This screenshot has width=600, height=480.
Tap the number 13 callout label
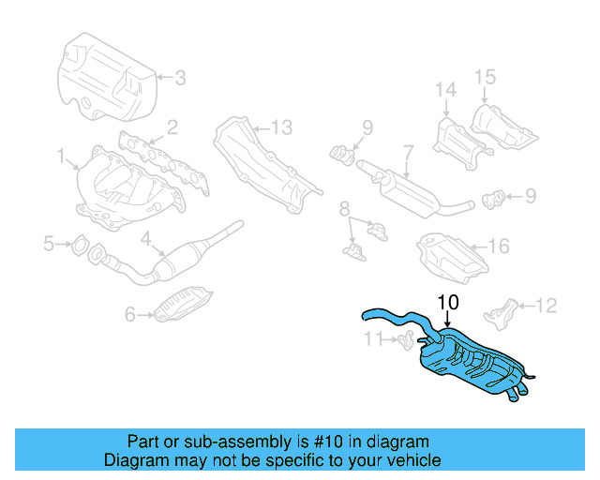(282, 127)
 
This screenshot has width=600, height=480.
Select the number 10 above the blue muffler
(448, 302)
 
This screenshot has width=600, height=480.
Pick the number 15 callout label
(484, 75)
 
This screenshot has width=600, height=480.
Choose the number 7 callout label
(408, 150)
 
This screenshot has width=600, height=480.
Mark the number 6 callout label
(131, 316)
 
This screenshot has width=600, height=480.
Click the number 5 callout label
(49, 245)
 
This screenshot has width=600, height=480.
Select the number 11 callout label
(374, 338)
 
